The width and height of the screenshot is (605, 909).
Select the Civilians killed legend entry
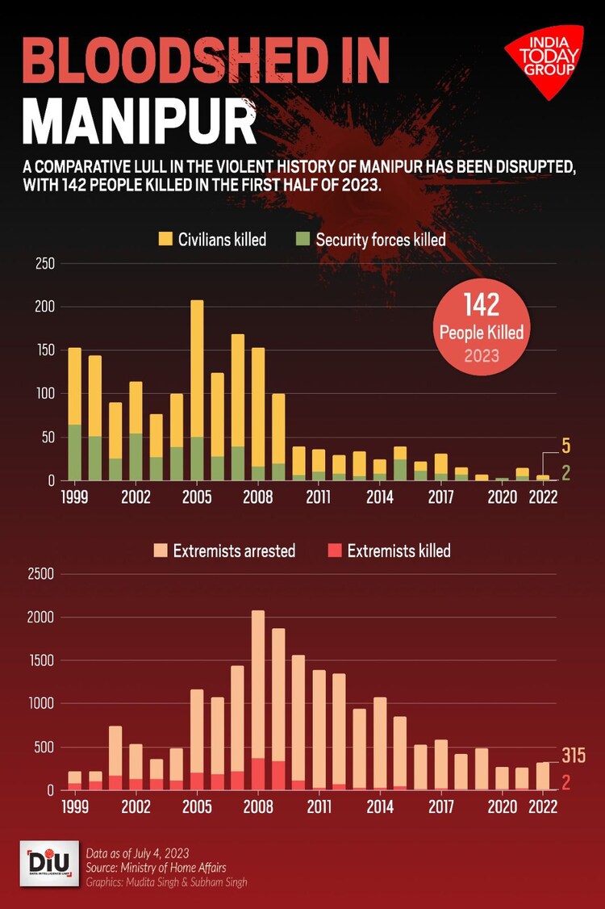(212, 239)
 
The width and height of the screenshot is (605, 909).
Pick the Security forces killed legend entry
(371, 239)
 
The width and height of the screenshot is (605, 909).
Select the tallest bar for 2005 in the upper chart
(197, 387)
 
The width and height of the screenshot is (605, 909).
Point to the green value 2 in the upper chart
(567, 474)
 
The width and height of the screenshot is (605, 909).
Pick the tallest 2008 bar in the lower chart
(258, 699)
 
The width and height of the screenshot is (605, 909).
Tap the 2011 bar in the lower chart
(319, 730)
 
